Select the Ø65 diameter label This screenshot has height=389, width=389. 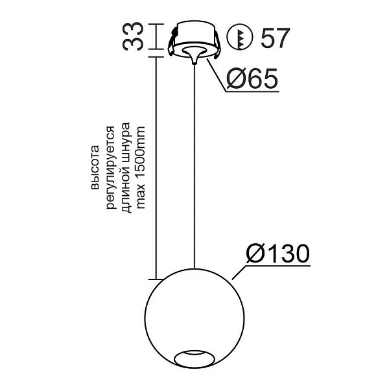253,79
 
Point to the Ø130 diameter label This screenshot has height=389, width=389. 276,253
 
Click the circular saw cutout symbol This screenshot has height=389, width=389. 240,38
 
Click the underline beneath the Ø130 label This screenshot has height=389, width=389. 276,266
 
